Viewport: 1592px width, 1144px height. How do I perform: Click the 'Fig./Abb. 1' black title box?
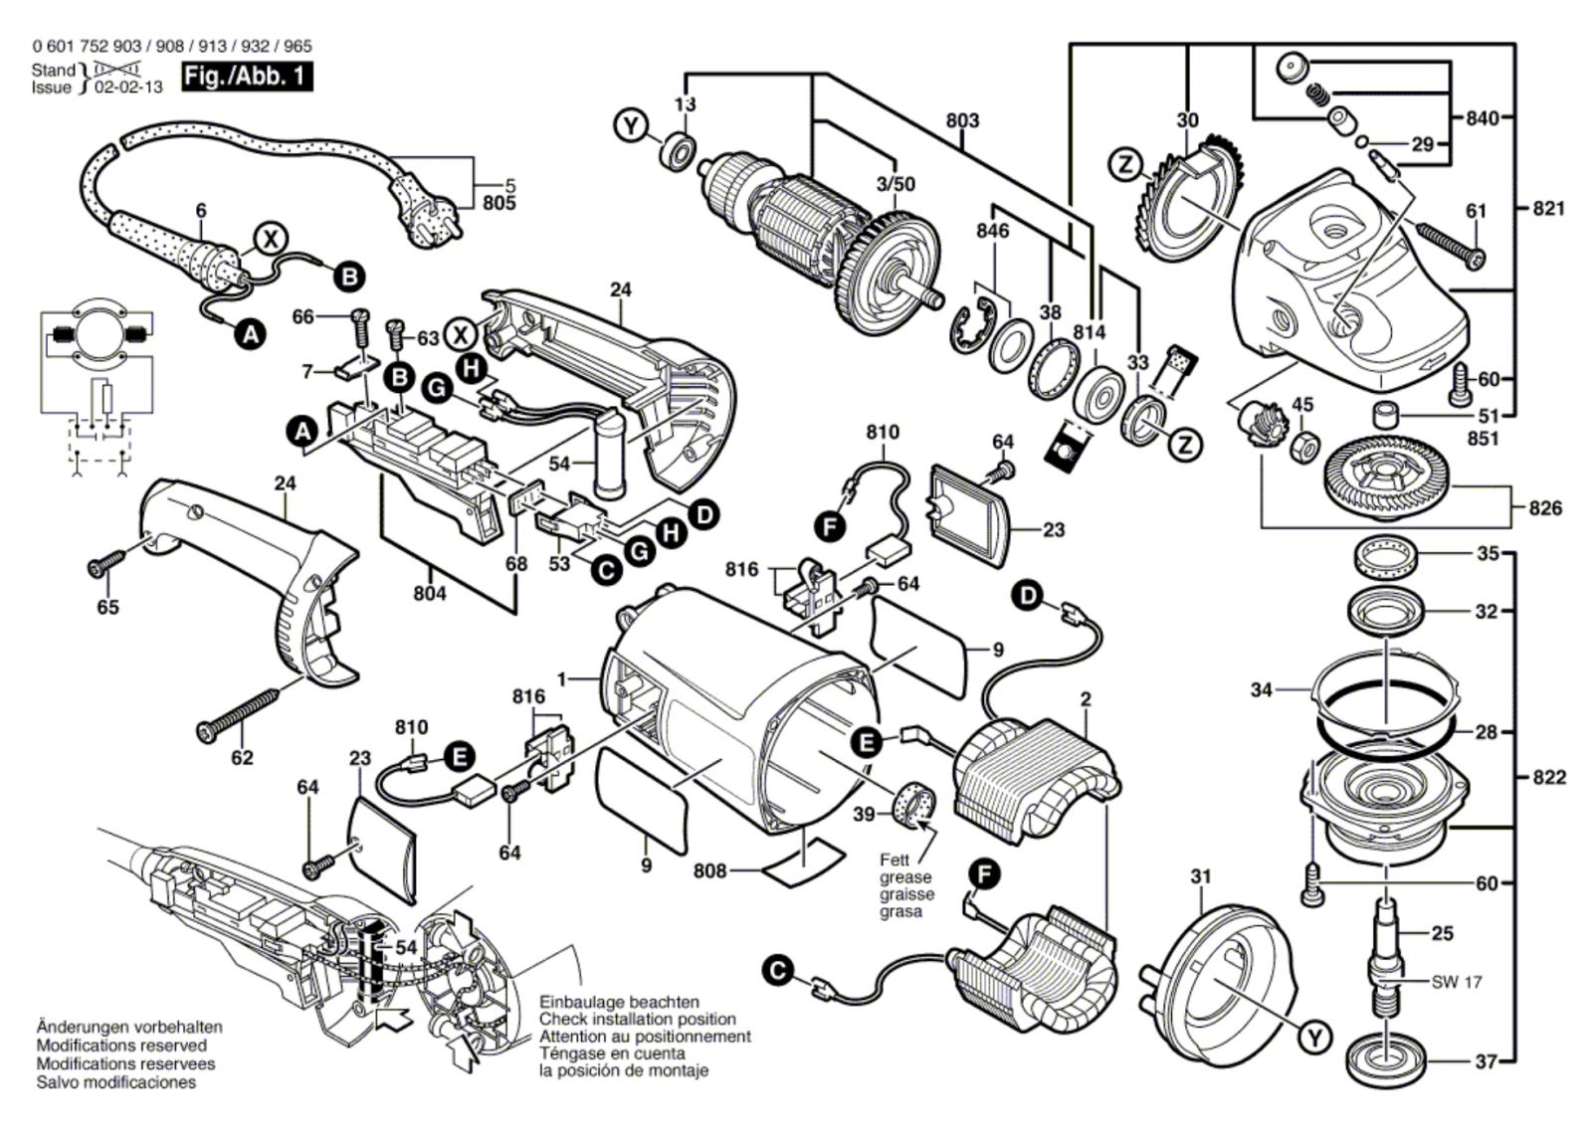pyautogui.click(x=247, y=77)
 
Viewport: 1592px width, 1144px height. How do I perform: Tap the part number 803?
pyautogui.click(x=961, y=120)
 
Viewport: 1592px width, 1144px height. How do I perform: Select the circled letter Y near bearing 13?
pyautogui.click(x=629, y=126)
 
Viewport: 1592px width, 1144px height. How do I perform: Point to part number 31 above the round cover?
pyautogui.click(x=1201, y=876)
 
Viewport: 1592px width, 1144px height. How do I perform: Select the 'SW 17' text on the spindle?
pyautogui.click(x=1457, y=982)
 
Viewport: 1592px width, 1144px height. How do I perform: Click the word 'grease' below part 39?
pyautogui.click(x=905, y=877)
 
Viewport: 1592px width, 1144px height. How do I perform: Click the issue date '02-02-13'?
pyautogui.click(x=127, y=88)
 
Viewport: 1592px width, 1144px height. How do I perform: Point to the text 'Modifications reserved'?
pyautogui.click(x=121, y=1046)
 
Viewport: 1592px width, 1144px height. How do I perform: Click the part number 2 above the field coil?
pyautogui.click(x=1086, y=700)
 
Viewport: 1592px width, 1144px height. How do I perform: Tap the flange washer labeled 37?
pyautogui.click(x=1385, y=1060)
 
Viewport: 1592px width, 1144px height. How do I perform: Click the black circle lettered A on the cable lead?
pyautogui.click(x=253, y=336)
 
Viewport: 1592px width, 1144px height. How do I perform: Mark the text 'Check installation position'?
pyautogui.click(x=638, y=1019)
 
